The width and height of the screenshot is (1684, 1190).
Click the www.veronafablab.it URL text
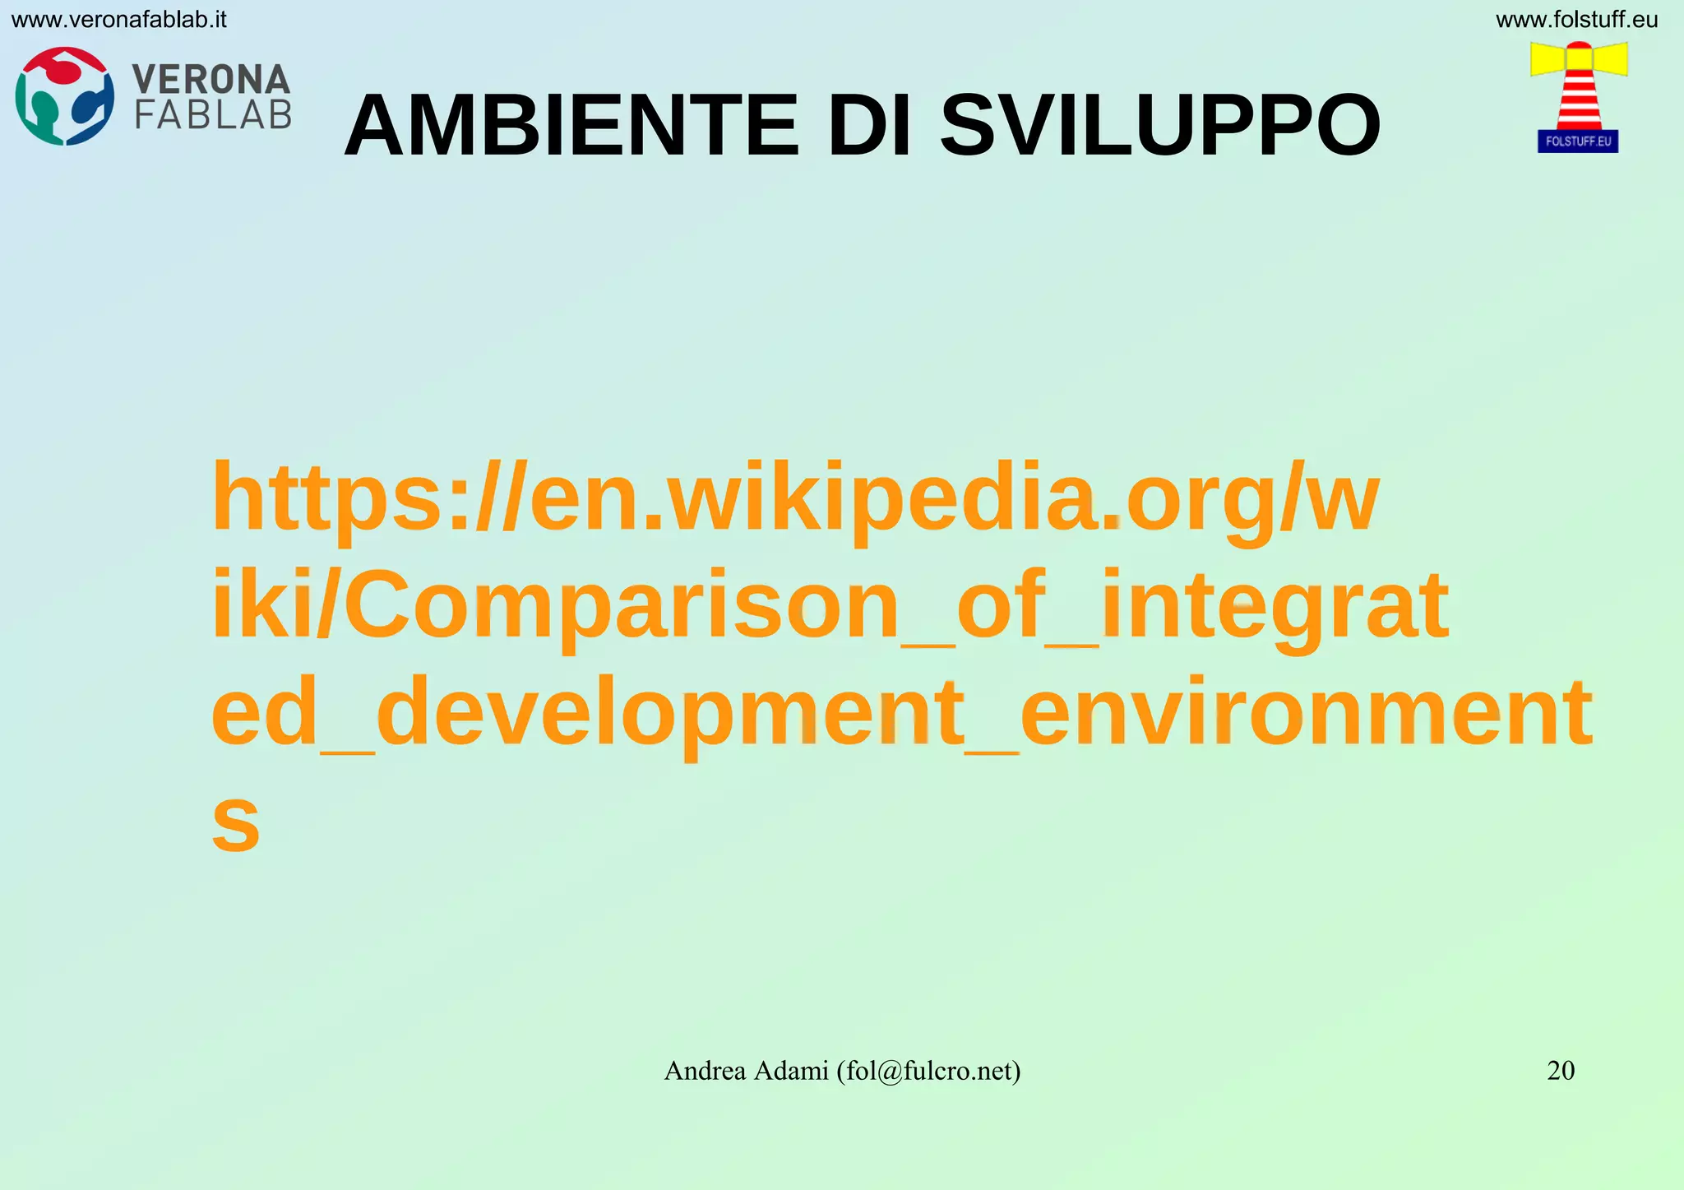pos(119,20)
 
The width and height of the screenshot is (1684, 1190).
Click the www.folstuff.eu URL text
pos(1576,20)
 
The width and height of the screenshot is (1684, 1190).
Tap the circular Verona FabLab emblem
pos(65,96)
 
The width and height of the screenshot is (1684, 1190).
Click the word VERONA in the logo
pos(211,80)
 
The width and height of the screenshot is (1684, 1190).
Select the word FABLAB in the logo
pos(213,115)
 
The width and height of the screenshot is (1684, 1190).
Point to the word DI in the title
pos(869,127)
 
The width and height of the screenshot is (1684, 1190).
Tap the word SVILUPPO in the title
pos(1160,127)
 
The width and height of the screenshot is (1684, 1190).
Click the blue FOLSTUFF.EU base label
pos(1578,141)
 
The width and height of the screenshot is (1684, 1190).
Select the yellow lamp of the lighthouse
pos(1579,58)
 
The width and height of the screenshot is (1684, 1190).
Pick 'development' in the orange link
pos(671,713)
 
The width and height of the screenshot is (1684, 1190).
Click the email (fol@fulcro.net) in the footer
pos(928,1071)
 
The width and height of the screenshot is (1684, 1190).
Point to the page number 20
pos(1561,1070)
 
